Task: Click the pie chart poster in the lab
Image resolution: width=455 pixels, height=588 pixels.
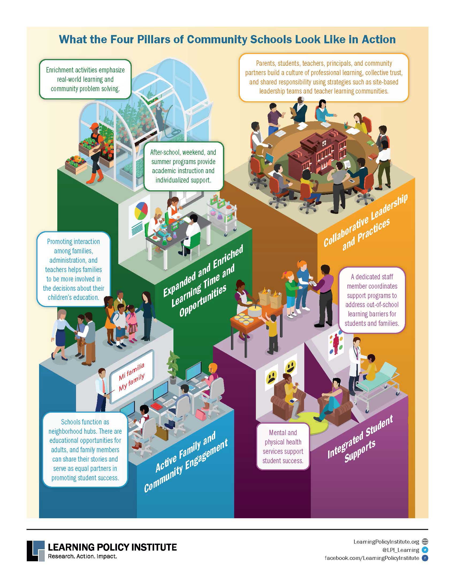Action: (139, 217)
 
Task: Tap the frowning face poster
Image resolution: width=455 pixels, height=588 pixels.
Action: (271, 376)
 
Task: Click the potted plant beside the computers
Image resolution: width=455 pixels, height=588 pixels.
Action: (173, 367)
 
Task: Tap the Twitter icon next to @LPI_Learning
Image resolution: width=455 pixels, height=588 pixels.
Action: (425, 550)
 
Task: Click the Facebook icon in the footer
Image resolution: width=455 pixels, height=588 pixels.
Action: (425, 558)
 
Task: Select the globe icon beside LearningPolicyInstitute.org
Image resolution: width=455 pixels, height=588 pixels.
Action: (425, 541)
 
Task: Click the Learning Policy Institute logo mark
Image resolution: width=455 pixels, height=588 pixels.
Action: (36, 551)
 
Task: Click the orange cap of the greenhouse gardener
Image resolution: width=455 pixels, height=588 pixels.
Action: (94, 126)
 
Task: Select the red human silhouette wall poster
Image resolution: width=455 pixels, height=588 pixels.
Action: (336, 346)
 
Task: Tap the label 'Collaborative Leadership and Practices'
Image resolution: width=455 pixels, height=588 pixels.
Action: (366, 221)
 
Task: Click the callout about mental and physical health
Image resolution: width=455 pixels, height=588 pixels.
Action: (283, 447)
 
